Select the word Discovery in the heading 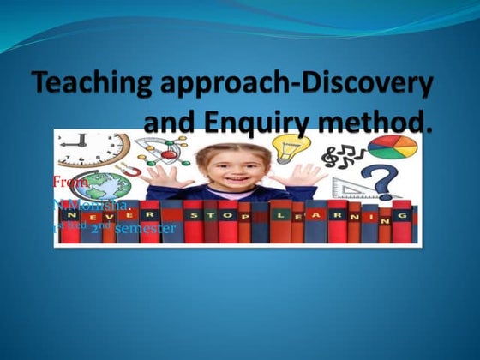369,86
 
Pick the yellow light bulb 286,147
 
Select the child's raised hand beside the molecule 163,180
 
